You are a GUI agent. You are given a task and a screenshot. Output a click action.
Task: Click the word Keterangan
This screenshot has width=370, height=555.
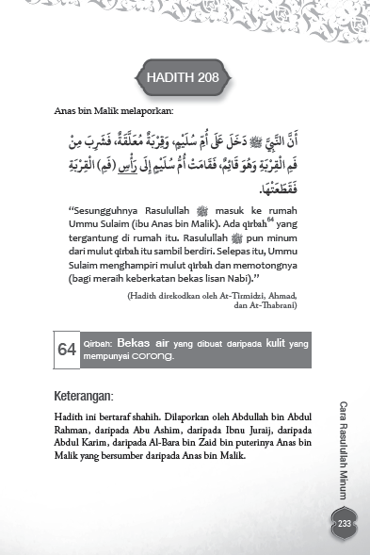point(93,393)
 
